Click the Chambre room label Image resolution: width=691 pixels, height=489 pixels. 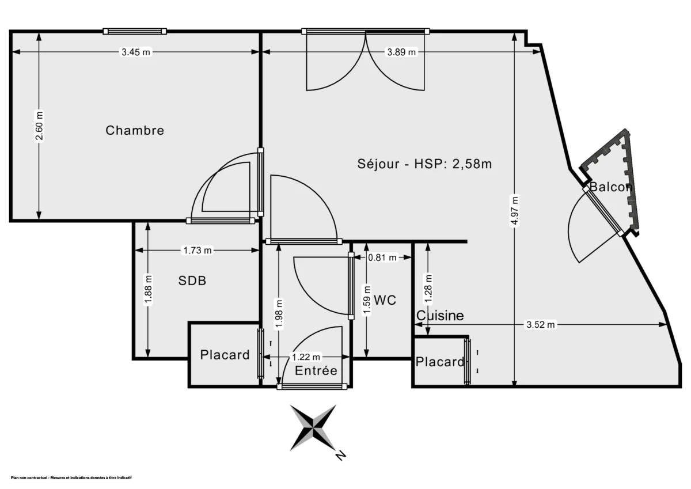coord(135,131)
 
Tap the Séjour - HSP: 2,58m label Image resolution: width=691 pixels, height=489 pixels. coord(424,164)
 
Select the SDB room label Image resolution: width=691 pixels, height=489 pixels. coord(192,281)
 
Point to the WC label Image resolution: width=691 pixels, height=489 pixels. coord(385,300)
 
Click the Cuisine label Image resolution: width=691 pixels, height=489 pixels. coord(440,316)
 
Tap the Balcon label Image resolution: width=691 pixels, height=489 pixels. coord(610,187)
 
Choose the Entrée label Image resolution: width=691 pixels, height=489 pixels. coord(316,371)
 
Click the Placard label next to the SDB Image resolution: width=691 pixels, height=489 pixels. coord(225,355)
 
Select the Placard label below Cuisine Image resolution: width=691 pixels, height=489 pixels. coord(440,362)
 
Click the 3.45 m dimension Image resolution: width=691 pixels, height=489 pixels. coord(135,52)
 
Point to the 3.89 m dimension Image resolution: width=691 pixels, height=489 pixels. coord(401,52)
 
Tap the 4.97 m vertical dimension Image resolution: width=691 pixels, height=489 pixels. coord(515,211)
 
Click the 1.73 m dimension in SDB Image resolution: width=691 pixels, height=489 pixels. coord(198,251)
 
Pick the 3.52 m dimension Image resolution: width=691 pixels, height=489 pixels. coord(541,325)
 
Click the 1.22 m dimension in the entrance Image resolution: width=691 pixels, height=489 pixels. coord(306,358)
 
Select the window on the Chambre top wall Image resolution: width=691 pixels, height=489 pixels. coord(135,31)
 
